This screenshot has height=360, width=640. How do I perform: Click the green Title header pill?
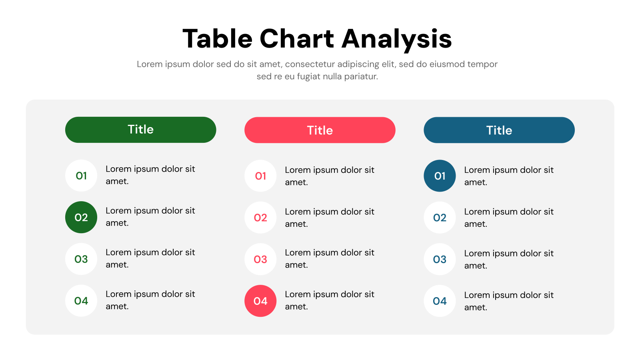(140, 130)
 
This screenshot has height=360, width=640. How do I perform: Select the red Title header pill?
(320, 130)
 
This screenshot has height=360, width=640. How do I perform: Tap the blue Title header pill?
(499, 130)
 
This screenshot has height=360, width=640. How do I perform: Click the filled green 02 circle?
(81, 217)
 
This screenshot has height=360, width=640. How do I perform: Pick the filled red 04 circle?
(260, 301)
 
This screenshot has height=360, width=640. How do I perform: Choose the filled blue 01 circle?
(440, 176)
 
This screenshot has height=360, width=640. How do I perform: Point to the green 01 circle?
(81, 176)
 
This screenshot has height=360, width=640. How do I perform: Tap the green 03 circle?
(81, 259)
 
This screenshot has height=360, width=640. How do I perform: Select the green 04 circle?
(81, 301)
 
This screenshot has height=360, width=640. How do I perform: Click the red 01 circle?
(260, 176)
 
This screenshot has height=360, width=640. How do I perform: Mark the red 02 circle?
(260, 218)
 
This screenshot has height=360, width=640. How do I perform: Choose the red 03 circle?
(260, 259)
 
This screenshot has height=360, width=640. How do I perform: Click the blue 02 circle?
(440, 218)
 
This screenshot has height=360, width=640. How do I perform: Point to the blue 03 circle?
(440, 259)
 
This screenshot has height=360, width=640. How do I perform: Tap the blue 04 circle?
(440, 301)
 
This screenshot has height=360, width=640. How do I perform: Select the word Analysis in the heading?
(397, 40)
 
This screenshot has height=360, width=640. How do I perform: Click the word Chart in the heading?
(297, 39)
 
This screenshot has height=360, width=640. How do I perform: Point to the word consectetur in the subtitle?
(310, 64)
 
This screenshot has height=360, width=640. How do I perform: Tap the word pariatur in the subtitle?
(361, 76)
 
